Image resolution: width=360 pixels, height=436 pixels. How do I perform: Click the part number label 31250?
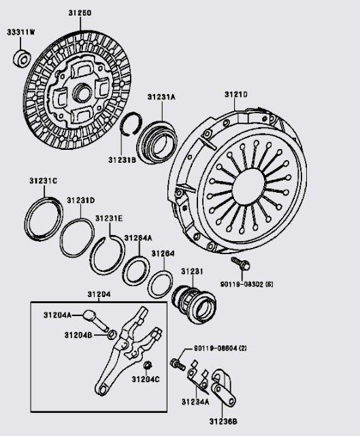[x=80, y=13]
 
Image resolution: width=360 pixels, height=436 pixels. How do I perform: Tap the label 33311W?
[x=21, y=33]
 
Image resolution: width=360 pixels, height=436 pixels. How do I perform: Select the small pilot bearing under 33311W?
[x=20, y=59]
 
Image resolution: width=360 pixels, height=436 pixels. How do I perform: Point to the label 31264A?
[x=137, y=238]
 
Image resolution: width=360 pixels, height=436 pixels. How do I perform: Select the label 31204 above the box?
[x=99, y=294]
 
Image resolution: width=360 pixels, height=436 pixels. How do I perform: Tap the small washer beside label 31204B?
[x=111, y=334]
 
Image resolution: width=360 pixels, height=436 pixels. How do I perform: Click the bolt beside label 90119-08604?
[x=178, y=364]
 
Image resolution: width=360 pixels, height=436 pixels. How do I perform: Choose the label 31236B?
[x=224, y=422]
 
